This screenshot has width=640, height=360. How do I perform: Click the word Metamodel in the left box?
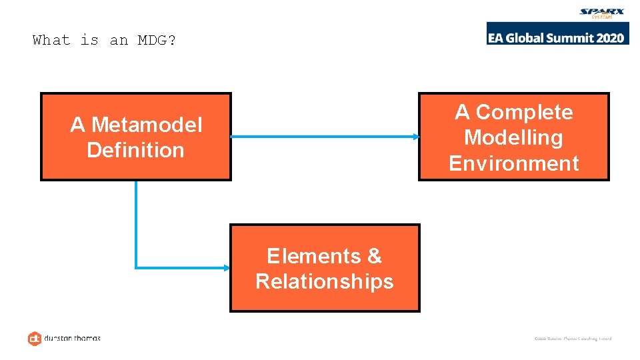146,125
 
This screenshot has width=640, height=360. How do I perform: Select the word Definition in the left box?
135,150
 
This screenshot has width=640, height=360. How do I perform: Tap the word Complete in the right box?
524,112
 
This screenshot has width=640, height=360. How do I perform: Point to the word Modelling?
513,137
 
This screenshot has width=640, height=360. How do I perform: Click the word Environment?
513,163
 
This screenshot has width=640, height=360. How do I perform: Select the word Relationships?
325,281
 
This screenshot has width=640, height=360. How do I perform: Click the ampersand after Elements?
375,256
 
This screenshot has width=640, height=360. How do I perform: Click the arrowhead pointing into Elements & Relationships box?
226,268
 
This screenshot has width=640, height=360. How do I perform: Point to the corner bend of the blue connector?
137,267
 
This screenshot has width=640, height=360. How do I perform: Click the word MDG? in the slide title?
157,40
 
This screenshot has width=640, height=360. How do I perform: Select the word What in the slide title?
51,40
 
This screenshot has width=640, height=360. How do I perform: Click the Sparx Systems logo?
602,13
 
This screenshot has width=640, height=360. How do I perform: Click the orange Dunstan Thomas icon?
35,338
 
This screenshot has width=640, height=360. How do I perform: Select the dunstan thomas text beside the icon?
73,338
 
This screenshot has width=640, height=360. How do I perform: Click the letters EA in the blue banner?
497,37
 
